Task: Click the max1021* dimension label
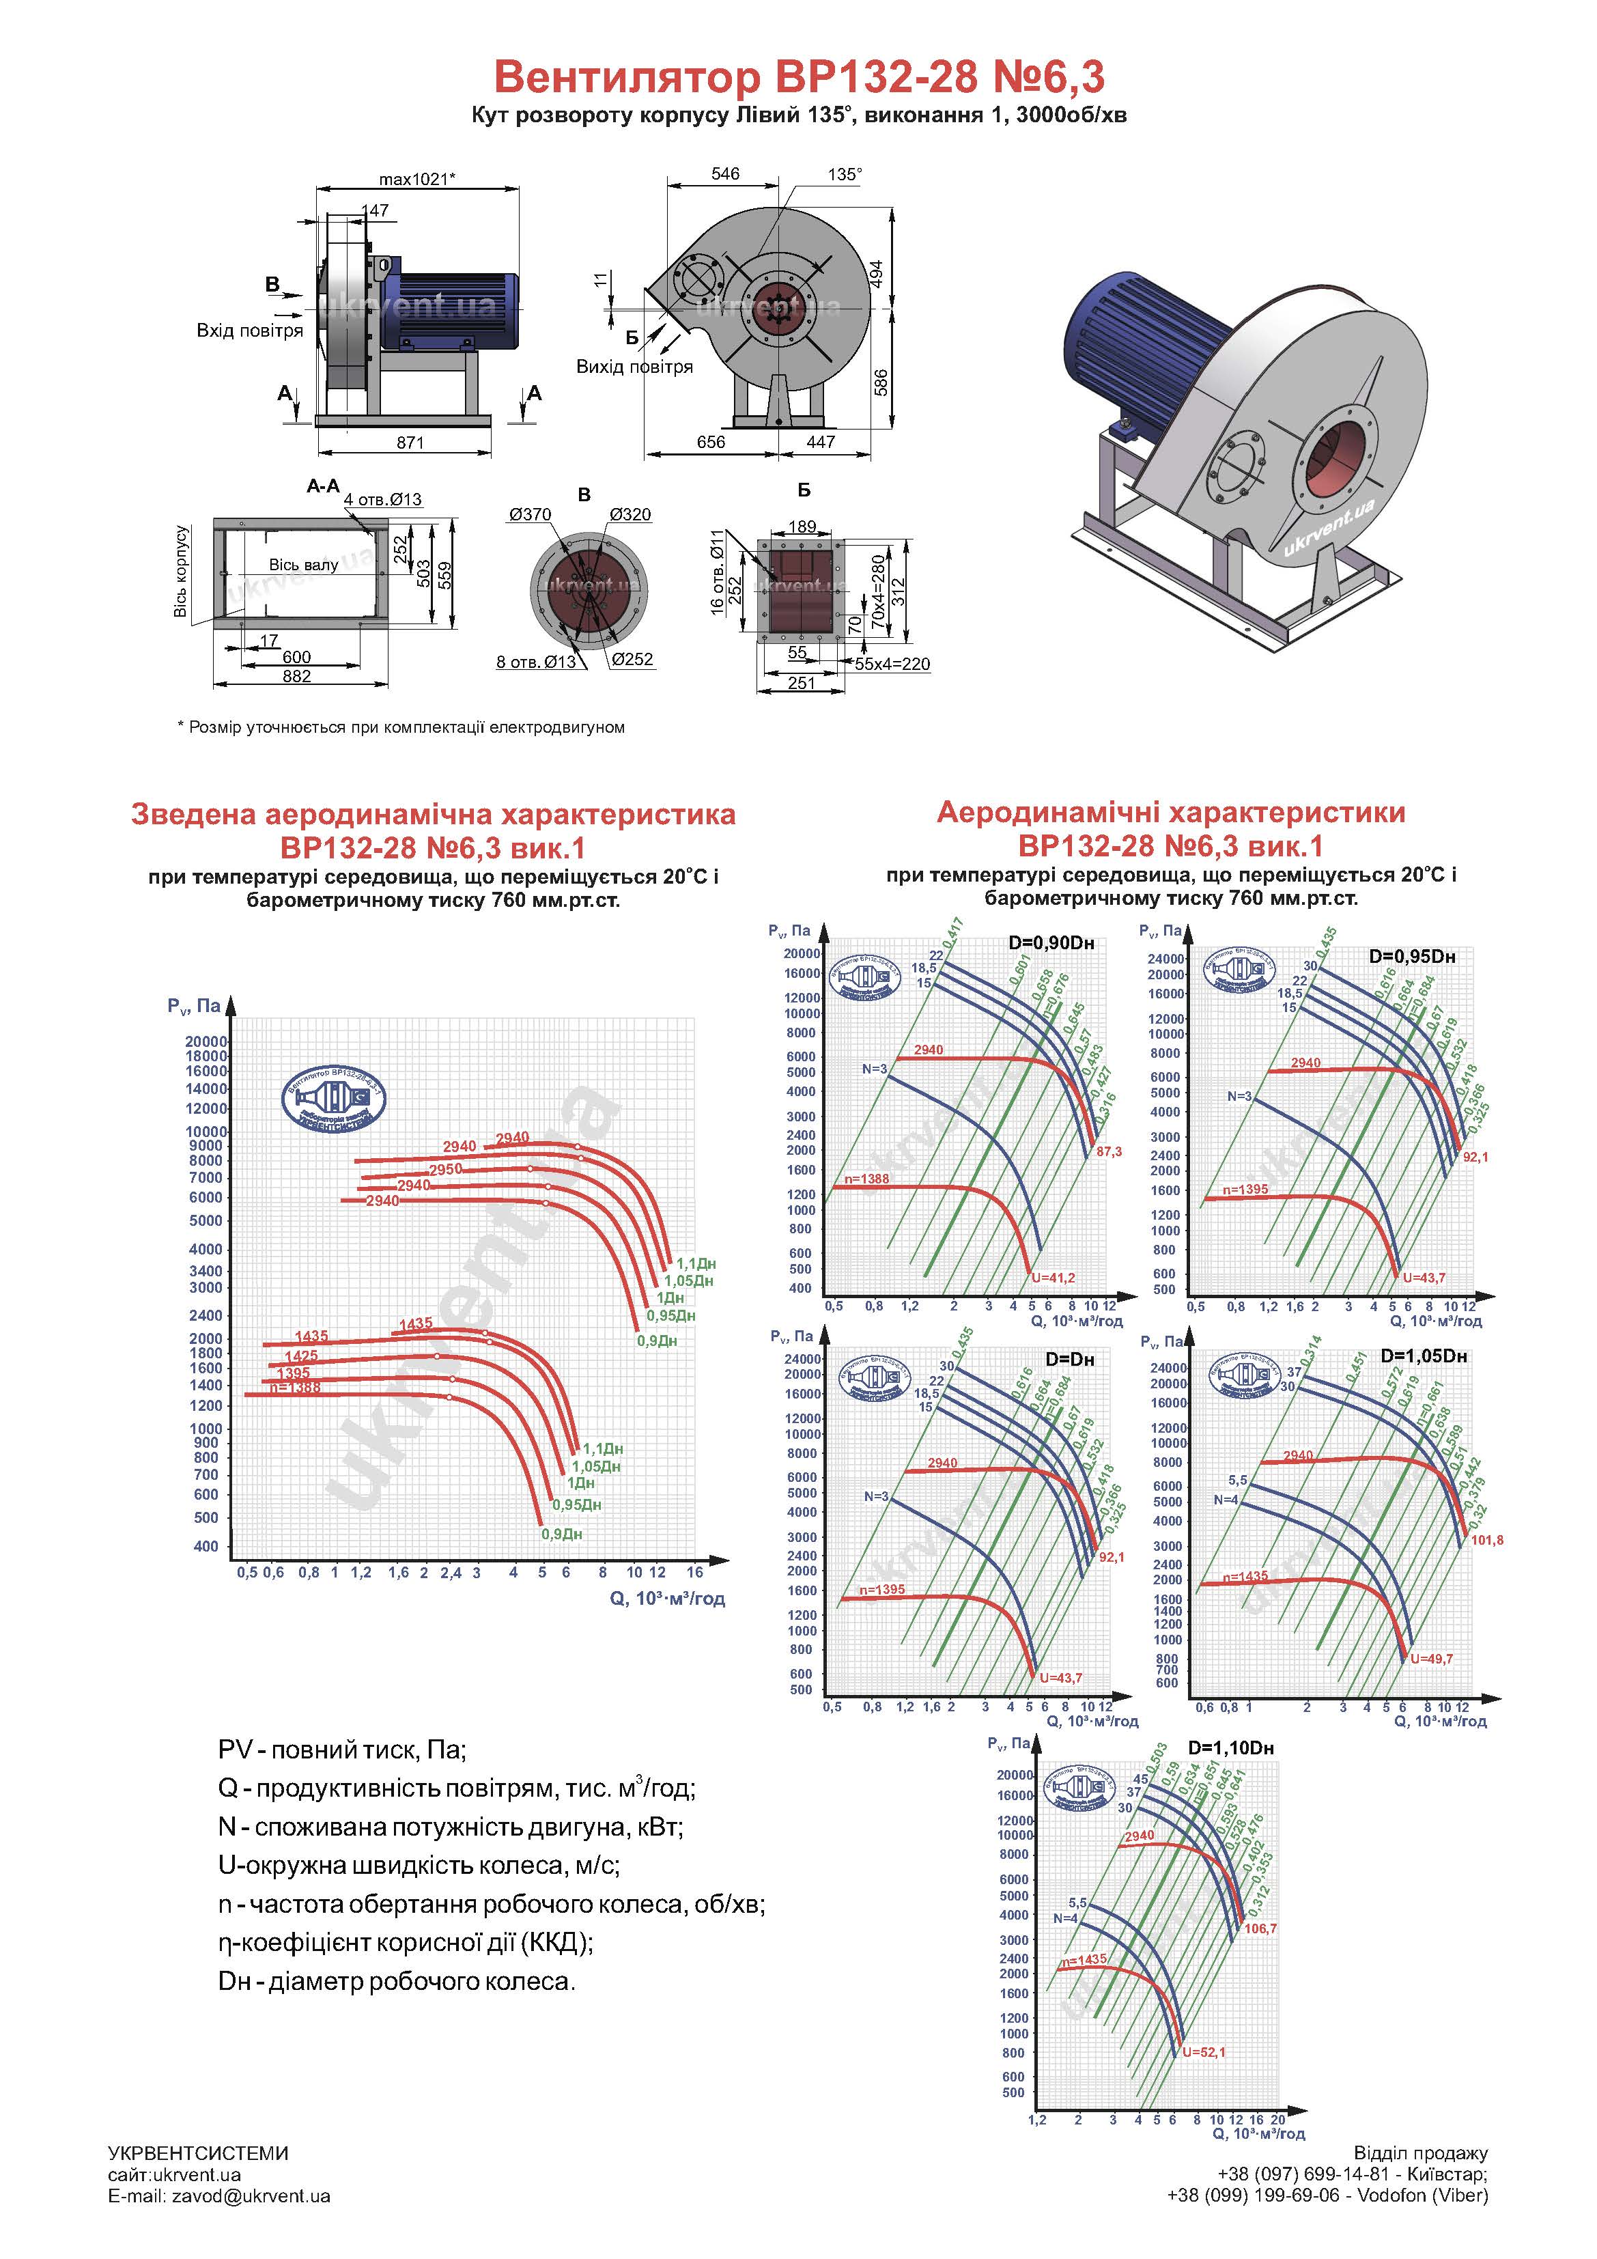pos(417,179)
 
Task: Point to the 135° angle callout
pos(845,174)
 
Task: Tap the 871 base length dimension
pos(410,443)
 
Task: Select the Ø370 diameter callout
pos(531,515)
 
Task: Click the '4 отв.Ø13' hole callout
pos(383,500)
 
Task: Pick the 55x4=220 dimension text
pos(892,664)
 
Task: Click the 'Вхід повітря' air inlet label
pos(250,331)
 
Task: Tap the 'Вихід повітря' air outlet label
pos(635,367)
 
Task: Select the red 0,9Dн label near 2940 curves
pos(658,1341)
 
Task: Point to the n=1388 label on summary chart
pos(294,1388)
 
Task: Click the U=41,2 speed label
pos(1053,1278)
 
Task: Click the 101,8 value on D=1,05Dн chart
pos(1487,1540)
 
